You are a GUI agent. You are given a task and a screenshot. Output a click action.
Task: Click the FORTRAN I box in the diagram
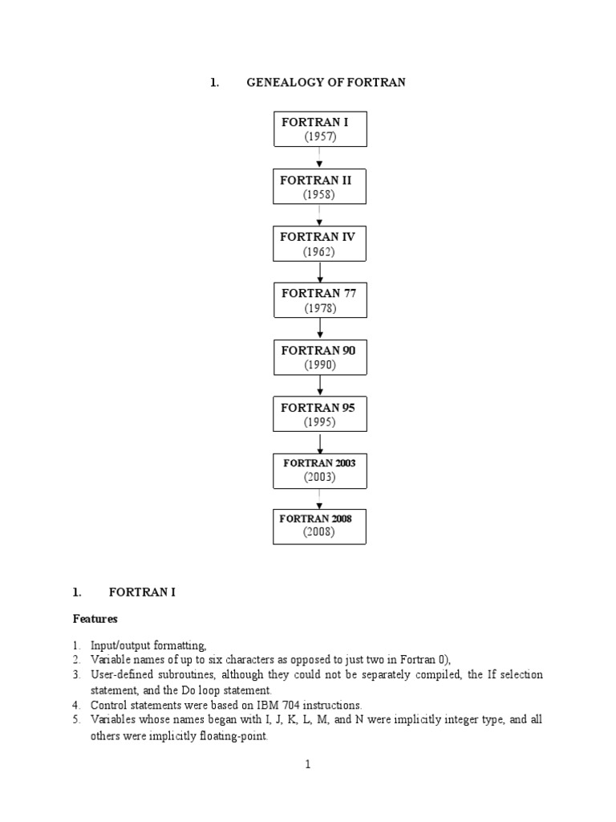point(320,128)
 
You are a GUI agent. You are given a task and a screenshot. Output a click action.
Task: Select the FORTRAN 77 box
point(320,300)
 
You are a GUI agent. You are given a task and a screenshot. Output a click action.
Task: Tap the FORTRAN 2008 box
point(320,525)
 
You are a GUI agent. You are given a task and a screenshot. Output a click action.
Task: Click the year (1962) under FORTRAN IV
point(318,252)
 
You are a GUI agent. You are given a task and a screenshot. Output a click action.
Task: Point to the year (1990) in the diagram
point(319,364)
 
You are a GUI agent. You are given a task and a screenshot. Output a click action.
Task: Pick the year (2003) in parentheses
point(319,477)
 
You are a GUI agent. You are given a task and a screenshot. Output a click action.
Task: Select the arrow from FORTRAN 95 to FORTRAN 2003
point(320,444)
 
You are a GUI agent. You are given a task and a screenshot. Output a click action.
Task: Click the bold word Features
point(95,619)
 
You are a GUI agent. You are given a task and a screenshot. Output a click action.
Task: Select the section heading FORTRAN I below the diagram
point(142,592)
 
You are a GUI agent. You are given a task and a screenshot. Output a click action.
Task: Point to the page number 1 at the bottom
point(307,764)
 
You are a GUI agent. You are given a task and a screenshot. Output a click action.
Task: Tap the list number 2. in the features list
point(76,660)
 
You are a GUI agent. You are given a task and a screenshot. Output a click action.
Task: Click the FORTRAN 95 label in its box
point(318,408)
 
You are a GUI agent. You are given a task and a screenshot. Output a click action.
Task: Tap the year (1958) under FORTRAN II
point(318,195)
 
